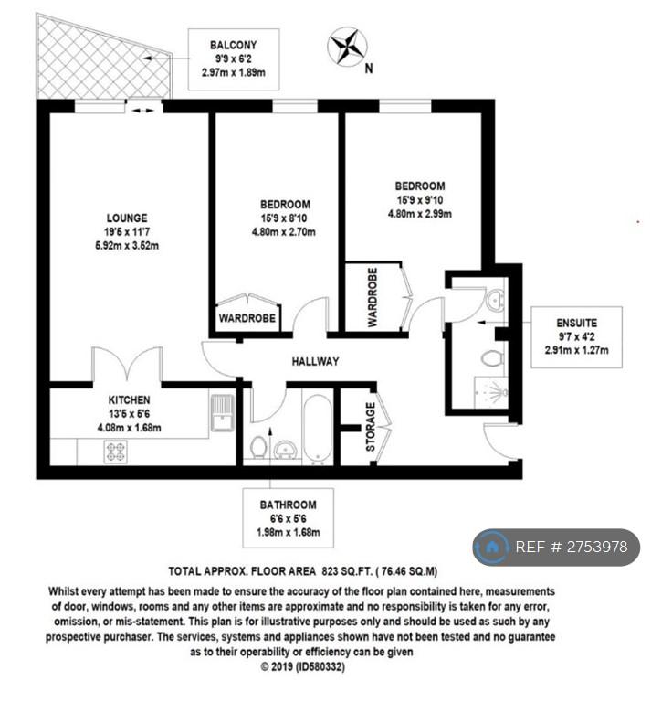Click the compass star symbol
pos(347,47)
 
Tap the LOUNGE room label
pos(127,218)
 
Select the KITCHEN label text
pos(130,399)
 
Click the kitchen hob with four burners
pos(115,452)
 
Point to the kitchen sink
pos(222,412)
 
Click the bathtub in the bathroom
pos(317,428)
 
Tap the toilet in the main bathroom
pos(258,446)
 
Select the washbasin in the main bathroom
pos(285,449)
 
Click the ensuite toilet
pos(492,358)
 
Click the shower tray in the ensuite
pos(491,392)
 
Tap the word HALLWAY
pos(316,361)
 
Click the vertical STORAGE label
pos(371,427)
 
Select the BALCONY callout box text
pos(234,59)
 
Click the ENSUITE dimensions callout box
pos(576,337)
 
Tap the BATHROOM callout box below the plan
pos(289,518)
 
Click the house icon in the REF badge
pos(492,547)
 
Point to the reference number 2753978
pos(598,547)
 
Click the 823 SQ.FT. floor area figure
pos(346,571)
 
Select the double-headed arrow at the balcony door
pos(143,110)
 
